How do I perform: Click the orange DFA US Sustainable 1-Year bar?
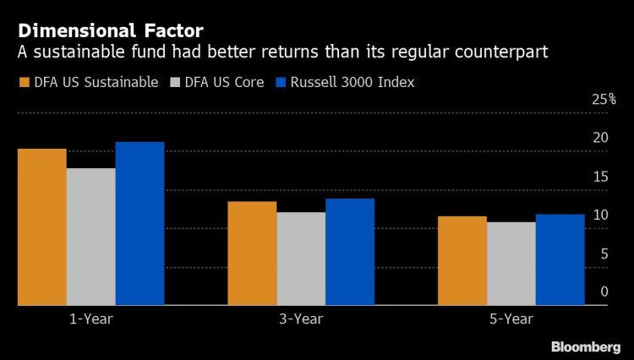coord(41,226)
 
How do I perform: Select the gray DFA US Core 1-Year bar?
coord(90,237)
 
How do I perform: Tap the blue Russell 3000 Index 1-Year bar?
coord(139,223)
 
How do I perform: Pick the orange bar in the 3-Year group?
coord(252,253)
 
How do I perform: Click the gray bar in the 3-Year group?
coord(301,259)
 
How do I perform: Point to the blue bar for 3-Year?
coord(350,252)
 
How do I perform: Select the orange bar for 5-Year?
coord(462,260)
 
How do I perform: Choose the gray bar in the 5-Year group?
coord(511,264)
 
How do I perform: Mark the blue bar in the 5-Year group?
coord(560,259)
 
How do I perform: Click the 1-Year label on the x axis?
coord(90,319)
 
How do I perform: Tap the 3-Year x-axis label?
coord(301,319)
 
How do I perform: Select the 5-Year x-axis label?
coord(511,319)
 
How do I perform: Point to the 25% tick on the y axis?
coord(604,100)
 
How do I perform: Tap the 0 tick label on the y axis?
coord(604,292)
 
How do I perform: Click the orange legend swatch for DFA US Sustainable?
coord(23,83)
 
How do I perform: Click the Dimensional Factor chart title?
coord(111,32)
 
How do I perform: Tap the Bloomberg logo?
coord(586,346)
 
